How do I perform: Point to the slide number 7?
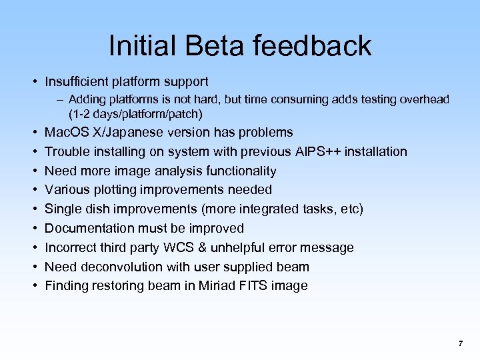(x=460, y=343)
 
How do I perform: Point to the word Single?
(x=62, y=209)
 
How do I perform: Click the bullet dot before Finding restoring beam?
(x=33, y=286)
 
